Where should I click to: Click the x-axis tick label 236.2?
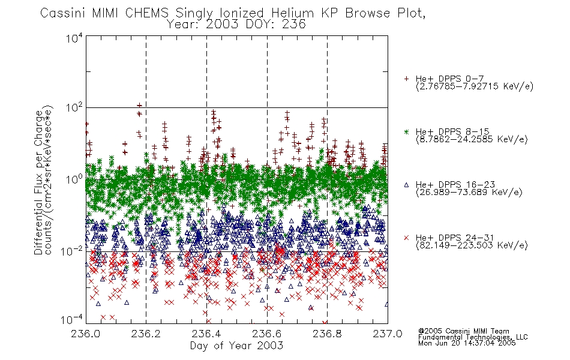pos(146,334)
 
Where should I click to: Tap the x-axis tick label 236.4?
pos(206,334)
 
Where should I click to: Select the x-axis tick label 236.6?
pos(267,334)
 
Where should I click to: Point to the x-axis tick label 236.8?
pos(327,334)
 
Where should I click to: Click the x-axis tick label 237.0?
pos(388,334)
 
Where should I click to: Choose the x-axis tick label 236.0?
pos(86,334)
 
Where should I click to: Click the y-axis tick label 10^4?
pos(74,38)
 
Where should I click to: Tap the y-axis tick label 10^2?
pos(74,107)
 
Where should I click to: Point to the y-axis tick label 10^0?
pos(74,179)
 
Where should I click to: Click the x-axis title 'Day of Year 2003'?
pos(236,346)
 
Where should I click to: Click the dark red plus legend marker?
pos(406,79)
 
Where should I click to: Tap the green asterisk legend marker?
pos(406,131)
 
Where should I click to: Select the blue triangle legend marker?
pos(406,185)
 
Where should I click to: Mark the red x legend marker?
pos(406,238)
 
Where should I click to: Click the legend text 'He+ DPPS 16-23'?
pos(455,185)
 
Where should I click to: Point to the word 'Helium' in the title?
pos(292,13)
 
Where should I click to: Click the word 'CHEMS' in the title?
pos(147,13)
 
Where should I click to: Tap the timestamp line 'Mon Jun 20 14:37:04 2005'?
pos(467,343)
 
